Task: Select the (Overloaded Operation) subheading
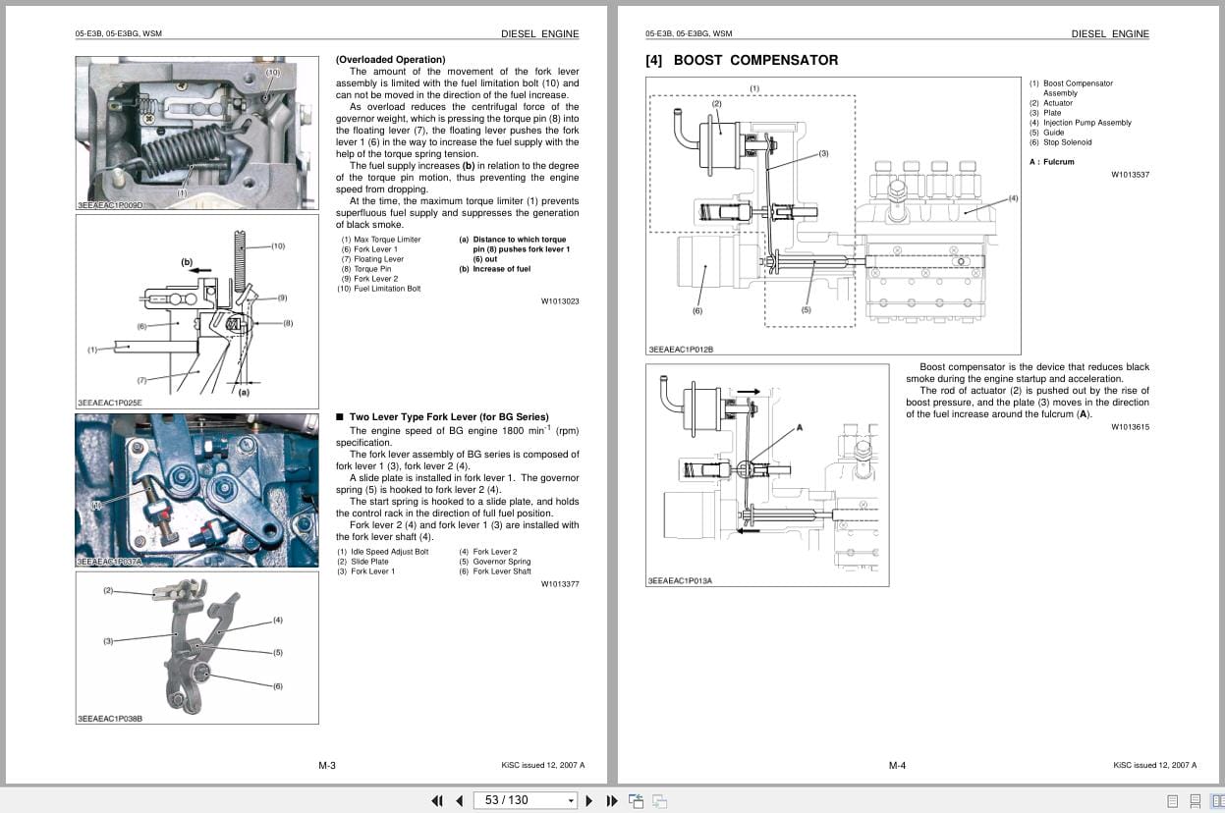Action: tap(390, 60)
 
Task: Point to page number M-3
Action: tap(327, 766)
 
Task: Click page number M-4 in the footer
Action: tap(897, 766)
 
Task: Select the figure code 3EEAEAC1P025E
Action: tap(109, 403)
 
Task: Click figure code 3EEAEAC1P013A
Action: tap(680, 580)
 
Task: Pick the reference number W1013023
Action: tap(560, 301)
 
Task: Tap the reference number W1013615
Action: tap(1130, 427)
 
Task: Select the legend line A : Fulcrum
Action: tap(1052, 162)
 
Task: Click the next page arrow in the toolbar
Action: tap(589, 800)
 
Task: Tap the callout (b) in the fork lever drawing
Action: tap(187, 262)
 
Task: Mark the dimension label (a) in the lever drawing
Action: tap(243, 392)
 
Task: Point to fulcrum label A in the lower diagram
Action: tap(800, 428)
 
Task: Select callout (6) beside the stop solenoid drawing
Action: tap(697, 311)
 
